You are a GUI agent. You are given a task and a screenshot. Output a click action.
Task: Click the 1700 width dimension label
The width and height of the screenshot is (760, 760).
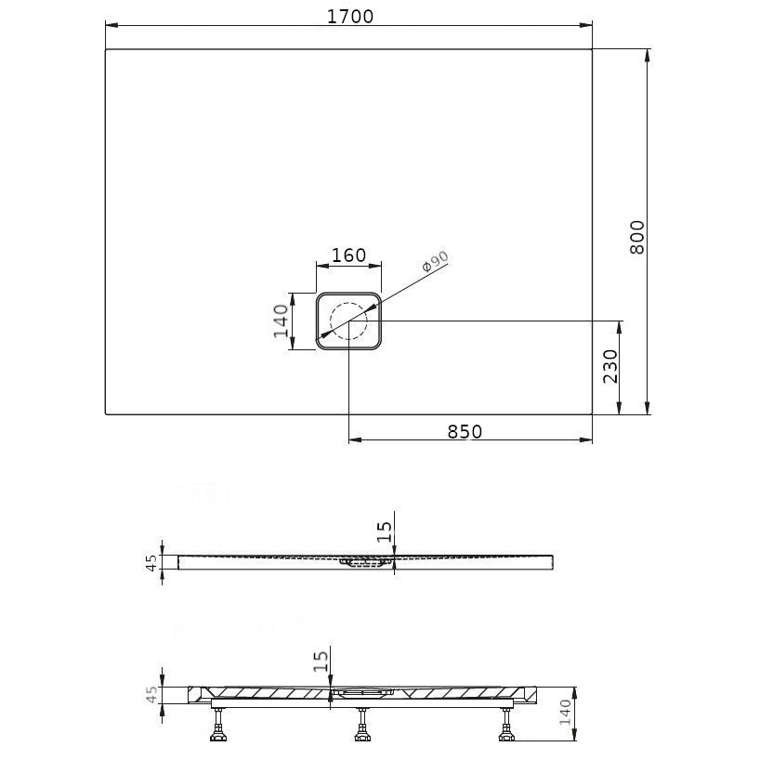[350, 17]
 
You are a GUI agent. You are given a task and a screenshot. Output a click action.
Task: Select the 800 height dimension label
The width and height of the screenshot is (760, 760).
[637, 237]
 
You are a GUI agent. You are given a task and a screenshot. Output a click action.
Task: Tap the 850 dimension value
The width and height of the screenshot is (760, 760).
[465, 431]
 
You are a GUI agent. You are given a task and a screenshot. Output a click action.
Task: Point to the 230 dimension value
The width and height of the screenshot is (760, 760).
[610, 366]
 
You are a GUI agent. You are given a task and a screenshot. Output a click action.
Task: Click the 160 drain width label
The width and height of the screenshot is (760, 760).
[348, 255]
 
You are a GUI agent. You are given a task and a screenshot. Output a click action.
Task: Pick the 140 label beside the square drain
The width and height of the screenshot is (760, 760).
[282, 321]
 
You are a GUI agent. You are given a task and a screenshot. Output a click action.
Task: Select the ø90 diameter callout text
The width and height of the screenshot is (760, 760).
[435, 262]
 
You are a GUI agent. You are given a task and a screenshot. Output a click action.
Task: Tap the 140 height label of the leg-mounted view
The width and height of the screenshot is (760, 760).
[565, 712]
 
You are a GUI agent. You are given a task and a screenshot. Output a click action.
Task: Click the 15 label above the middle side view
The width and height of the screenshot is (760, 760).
[385, 531]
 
